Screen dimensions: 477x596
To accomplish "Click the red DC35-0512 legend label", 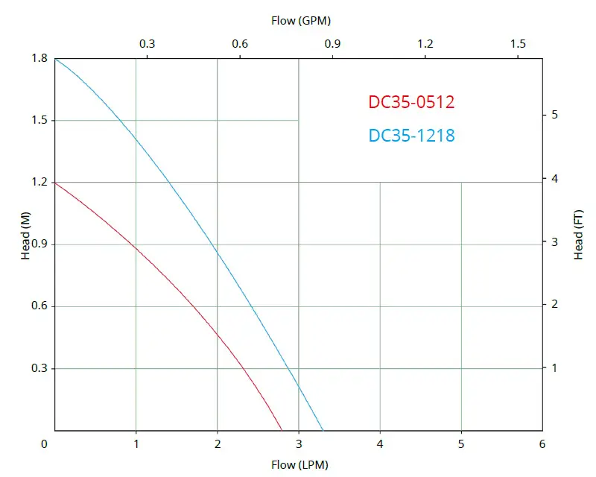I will point(411,102).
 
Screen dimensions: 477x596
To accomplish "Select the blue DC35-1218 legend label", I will point(411,136).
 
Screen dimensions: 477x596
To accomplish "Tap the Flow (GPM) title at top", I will point(301,20).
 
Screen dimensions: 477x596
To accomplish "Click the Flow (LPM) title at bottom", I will point(301,465).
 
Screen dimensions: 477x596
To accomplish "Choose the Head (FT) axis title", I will point(578,235).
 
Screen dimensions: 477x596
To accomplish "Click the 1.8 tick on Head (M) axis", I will point(39,59).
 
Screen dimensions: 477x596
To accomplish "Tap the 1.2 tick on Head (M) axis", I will point(39,183).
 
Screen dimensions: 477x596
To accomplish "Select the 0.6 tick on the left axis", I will point(39,306).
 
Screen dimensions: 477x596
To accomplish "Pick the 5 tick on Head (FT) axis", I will point(554,115).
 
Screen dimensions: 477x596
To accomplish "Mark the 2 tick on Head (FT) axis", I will point(554,304).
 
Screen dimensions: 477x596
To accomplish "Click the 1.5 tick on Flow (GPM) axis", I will point(519,43).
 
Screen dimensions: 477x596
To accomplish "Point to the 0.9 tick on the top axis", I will point(332,43).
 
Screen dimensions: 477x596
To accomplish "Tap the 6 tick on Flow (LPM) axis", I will point(542,444).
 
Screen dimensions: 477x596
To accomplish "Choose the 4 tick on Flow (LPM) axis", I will point(380,444).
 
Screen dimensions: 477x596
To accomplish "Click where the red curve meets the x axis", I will point(282,430).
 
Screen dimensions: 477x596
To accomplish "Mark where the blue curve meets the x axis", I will point(323,430).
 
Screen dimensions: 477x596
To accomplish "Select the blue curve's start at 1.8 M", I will point(55,58).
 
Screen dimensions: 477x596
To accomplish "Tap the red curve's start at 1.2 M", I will point(55,183).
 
